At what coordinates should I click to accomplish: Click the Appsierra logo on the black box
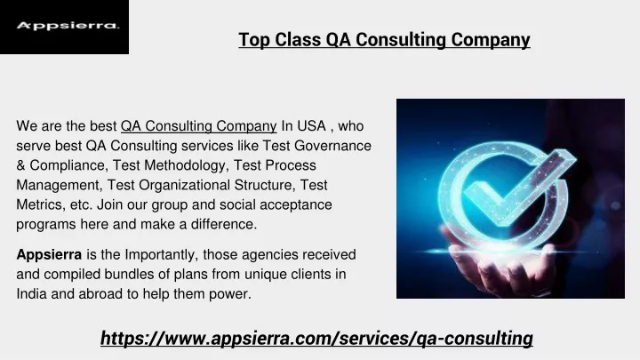pyautogui.click(x=68, y=26)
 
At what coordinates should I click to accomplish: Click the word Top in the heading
pyautogui.click(x=254, y=40)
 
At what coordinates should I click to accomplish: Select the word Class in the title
pyautogui.click(x=298, y=40)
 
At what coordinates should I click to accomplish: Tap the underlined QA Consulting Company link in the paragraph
pyautogui.click(x=199, y=126)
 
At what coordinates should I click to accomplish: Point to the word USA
pyautogui.click(x=311, y=125)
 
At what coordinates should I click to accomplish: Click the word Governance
pyautogui.click(x=332, y=146)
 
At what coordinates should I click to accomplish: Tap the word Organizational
pyautogui.click(x=184, y=185)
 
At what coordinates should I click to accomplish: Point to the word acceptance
pyautogui.click(x=295, y=205)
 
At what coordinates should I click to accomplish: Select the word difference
pyautogui.click(x=224, y=224)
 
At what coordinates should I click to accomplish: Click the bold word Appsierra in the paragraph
pyautogui.click(x=49, y=255)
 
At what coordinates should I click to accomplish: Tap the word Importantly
pyautogui.click(x=162, y=255)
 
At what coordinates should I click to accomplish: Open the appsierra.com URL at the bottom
pyautogui.click(x=316, y=339)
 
